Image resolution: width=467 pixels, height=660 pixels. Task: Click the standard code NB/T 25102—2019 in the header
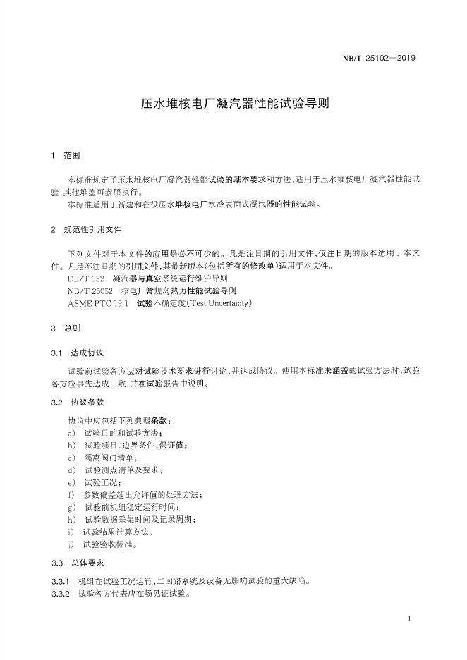(380, 59)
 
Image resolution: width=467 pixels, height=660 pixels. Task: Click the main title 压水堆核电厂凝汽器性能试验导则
(233, 103)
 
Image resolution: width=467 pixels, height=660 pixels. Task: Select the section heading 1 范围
(67, 155)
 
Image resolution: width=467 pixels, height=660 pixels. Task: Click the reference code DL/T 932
(85, 279)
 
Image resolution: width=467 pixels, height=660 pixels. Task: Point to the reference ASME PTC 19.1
(98, 303)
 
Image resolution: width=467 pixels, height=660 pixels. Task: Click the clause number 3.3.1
(60, 582)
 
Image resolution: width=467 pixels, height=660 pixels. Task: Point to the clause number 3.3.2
(60, 594)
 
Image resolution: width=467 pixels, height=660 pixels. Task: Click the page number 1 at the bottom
(409, 618)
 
